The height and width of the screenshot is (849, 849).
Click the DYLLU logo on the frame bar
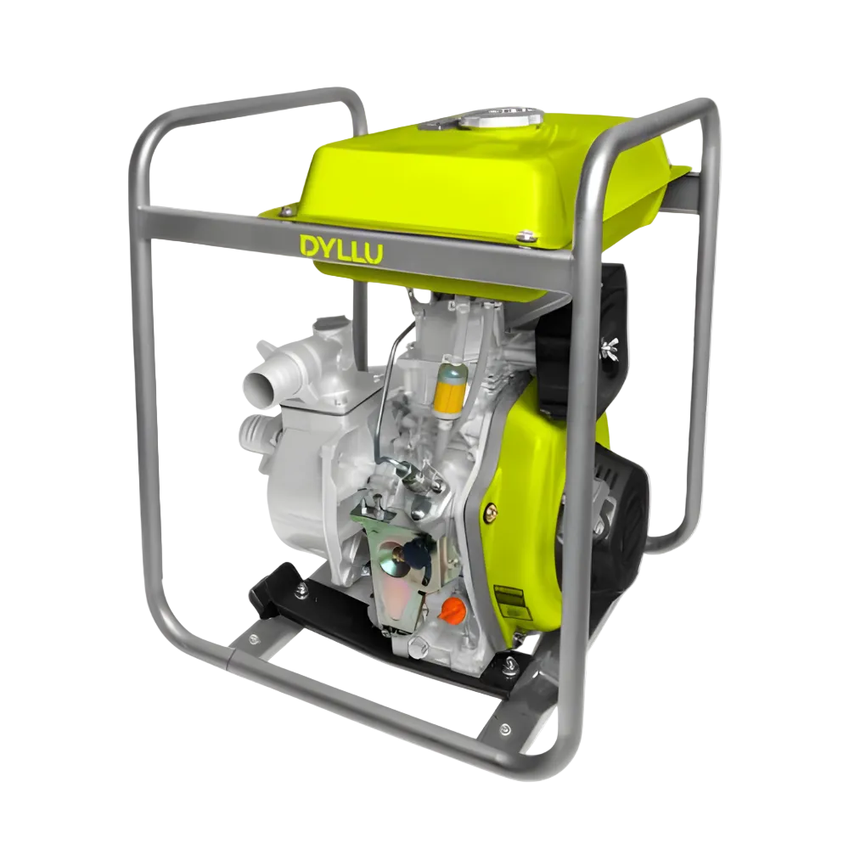(340, 249)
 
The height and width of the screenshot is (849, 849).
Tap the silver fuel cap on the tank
(501, 117)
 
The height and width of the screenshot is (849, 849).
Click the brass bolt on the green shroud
(490, 512)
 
